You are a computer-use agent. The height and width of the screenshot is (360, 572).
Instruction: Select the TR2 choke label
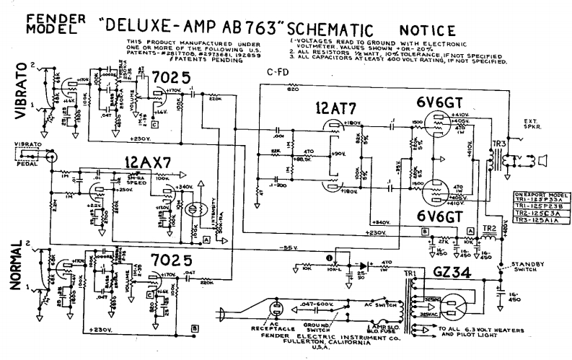(x=488, y=229)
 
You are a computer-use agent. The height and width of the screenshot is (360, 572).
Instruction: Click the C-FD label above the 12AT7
(x=278, y=72)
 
